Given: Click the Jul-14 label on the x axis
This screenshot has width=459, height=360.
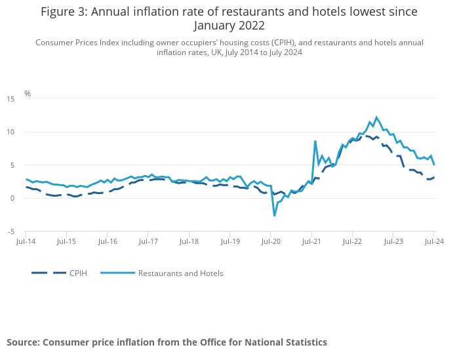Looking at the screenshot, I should click(26, 242).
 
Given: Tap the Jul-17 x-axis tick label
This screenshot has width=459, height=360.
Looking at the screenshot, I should click(148, 242).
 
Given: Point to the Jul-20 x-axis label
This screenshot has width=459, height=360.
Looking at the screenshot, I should click(271, 242).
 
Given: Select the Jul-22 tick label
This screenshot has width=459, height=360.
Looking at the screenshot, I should click(352, 242).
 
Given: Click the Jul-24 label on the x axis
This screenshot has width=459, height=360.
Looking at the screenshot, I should click(433, 242).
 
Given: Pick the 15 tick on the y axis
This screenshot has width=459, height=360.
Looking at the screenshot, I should click(10, 99).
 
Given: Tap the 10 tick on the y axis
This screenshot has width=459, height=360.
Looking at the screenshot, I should click(10, 132).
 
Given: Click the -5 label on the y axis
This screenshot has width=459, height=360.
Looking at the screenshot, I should click(11, 231).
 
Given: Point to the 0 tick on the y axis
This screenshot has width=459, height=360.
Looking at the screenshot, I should click(12, 199).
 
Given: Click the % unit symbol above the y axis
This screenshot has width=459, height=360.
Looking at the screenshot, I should click(28, 94).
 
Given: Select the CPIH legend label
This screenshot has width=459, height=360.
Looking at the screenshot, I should click(78, 273).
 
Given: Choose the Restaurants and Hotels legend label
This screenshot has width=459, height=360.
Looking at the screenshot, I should click(180, 273).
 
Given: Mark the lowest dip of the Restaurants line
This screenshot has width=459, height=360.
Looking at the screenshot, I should click(275, 215).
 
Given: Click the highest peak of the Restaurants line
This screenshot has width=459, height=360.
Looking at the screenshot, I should click(376, 117).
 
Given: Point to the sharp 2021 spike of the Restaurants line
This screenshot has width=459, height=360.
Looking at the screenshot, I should click(315, 141).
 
